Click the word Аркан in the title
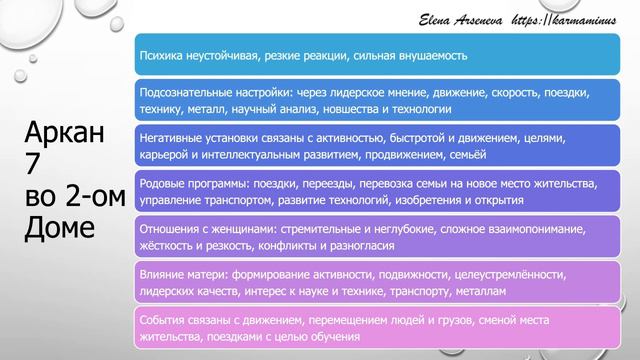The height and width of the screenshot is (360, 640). [66, 136]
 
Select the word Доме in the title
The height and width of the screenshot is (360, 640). [62, 226]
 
